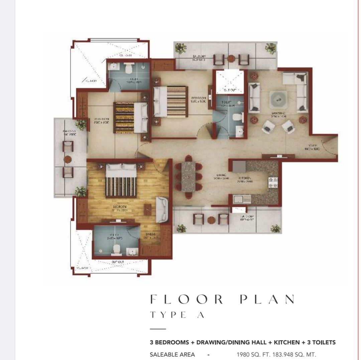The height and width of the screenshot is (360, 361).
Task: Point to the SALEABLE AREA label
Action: [172, 354]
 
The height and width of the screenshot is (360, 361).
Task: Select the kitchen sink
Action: [242, 199]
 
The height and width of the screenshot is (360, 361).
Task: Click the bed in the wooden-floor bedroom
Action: [121, 181]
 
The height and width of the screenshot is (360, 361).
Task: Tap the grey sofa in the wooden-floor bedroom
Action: [162, 210]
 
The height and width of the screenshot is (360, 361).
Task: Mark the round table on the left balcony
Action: [68, 159]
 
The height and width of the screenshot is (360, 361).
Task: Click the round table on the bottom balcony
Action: [211, 220]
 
